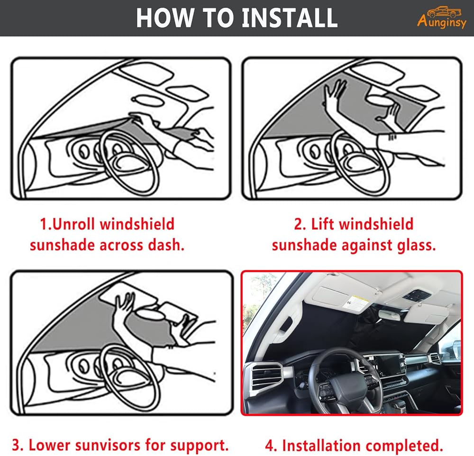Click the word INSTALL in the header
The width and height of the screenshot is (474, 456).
point(290,18)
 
